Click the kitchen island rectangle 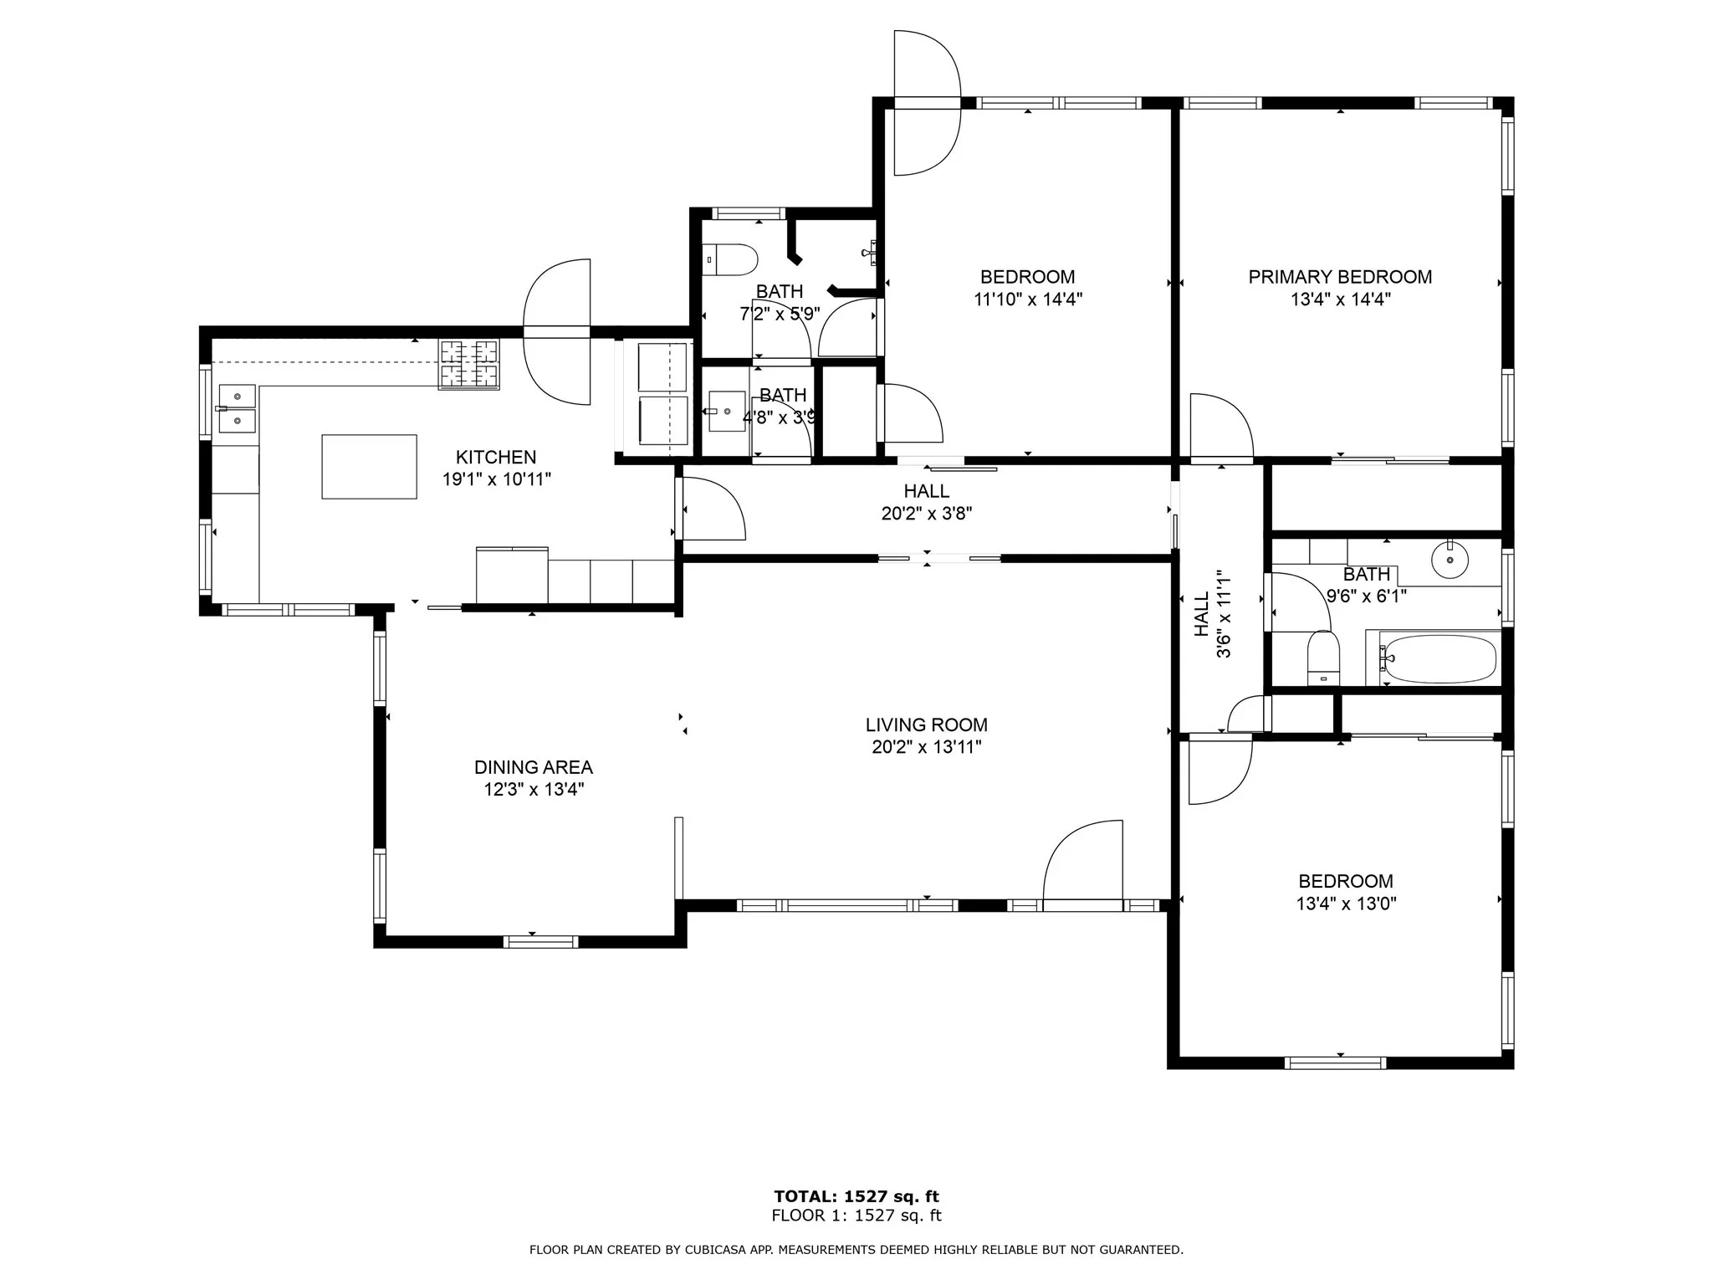[x=369, y=466]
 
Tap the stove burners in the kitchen [x=469, y=364]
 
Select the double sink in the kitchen [x=237, y=408]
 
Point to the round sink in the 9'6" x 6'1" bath [x=1450, y=559]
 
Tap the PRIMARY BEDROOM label [x=1340, y=277]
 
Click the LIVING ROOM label [x=926, y=725]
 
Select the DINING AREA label [x=534, y=767]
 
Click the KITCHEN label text [x=496, y=457]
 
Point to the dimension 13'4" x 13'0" [x=1346, y=904]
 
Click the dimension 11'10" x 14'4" [x=1028, y=299]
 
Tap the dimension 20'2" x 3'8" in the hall [x=927, y=513]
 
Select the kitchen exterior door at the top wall [x=557, y=331]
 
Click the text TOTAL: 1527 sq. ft [x=856, y=1196]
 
